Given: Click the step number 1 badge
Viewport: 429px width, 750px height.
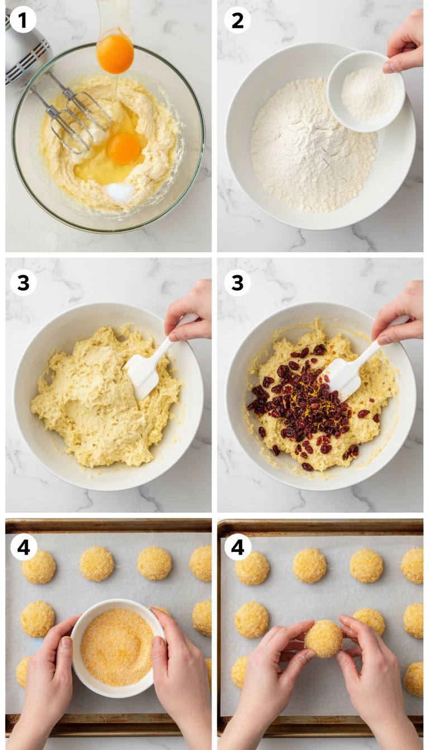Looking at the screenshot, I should point(22,21).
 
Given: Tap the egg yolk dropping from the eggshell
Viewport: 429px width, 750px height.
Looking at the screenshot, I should point(115,54).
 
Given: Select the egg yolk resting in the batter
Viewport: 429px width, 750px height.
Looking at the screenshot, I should point(123,148).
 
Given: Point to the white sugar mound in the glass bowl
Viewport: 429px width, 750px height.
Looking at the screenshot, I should point(121,191).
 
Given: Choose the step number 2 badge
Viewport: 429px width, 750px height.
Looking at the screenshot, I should point(237,21).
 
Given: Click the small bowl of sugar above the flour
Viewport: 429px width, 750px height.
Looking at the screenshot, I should point(366,91).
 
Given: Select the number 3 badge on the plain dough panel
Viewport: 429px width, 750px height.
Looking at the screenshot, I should point(23,283).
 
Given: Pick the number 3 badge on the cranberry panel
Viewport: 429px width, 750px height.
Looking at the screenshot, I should point(237,283).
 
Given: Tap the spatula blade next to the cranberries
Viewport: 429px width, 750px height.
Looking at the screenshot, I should point(341,377).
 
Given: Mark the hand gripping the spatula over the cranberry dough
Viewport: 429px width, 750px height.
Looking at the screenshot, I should point(399,312).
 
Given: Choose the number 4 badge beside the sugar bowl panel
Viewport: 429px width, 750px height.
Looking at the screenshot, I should point(23,547).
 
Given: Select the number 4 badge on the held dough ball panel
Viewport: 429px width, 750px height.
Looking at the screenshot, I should point(237,547).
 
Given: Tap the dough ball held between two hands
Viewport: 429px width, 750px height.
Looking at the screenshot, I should point(324,638).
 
